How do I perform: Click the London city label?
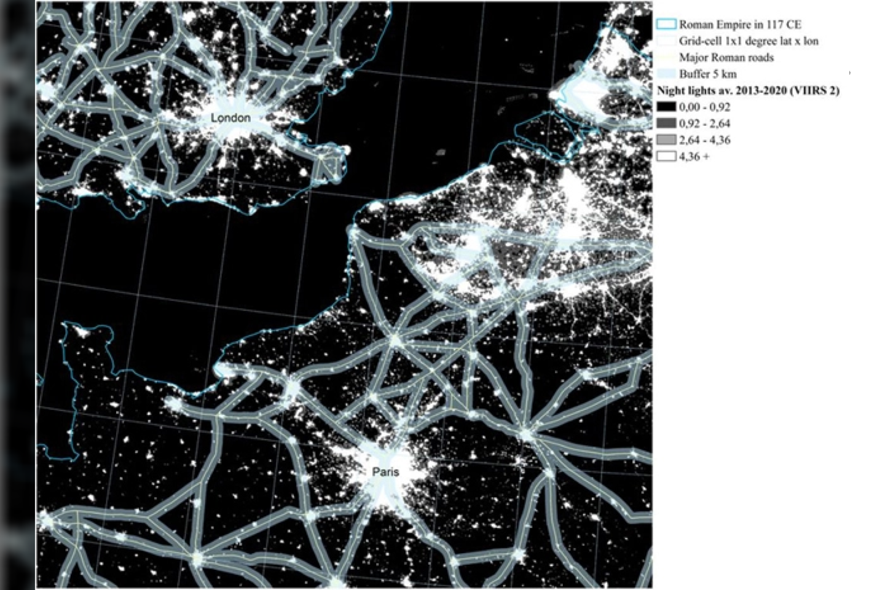[230, 117]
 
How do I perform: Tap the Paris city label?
[385, 471]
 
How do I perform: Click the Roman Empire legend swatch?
[666, 25]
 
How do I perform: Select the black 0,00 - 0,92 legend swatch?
[666, 107]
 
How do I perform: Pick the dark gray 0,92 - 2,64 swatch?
[666, 124]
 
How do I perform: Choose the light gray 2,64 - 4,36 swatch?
[666, 140]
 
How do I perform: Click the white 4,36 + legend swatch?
[666, 157]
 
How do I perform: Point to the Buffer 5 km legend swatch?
[666, 74]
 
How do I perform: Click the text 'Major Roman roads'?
[726, 58]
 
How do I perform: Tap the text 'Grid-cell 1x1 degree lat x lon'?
[749, 41]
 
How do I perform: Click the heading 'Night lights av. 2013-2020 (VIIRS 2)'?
[748, 91]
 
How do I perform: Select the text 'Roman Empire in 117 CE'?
[740, 25]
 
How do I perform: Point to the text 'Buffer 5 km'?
[707, 74]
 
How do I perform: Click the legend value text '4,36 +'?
[694, 157]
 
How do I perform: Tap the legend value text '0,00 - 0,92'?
[704, 107]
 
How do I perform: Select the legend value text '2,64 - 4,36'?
[704, 140]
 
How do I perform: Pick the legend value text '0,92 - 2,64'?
[704, 124]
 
